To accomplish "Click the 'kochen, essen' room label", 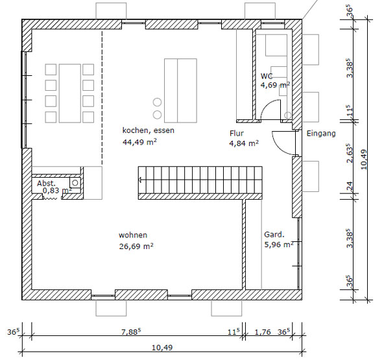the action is point(148,130).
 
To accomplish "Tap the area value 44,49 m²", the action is point(139,142).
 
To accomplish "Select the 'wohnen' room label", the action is point(133,235).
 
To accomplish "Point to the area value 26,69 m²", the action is point(136,246).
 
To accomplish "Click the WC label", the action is point(267,76).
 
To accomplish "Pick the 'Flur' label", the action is point(237,133).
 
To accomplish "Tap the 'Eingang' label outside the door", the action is point(321,134).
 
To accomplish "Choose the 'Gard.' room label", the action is point(274,235).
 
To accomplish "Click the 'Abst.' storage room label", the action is point(46,183).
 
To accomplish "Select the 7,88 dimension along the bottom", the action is point(131,331).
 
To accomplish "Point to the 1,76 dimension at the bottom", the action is point(263,332).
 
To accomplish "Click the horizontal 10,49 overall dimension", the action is point(162,348).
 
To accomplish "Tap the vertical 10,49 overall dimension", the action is point(364,160).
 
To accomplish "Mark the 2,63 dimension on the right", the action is point(350,154).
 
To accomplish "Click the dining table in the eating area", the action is point(70,93).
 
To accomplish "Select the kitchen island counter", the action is point(180,90).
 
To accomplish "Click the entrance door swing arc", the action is point(278,147).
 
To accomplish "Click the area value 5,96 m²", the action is point(279,245).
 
